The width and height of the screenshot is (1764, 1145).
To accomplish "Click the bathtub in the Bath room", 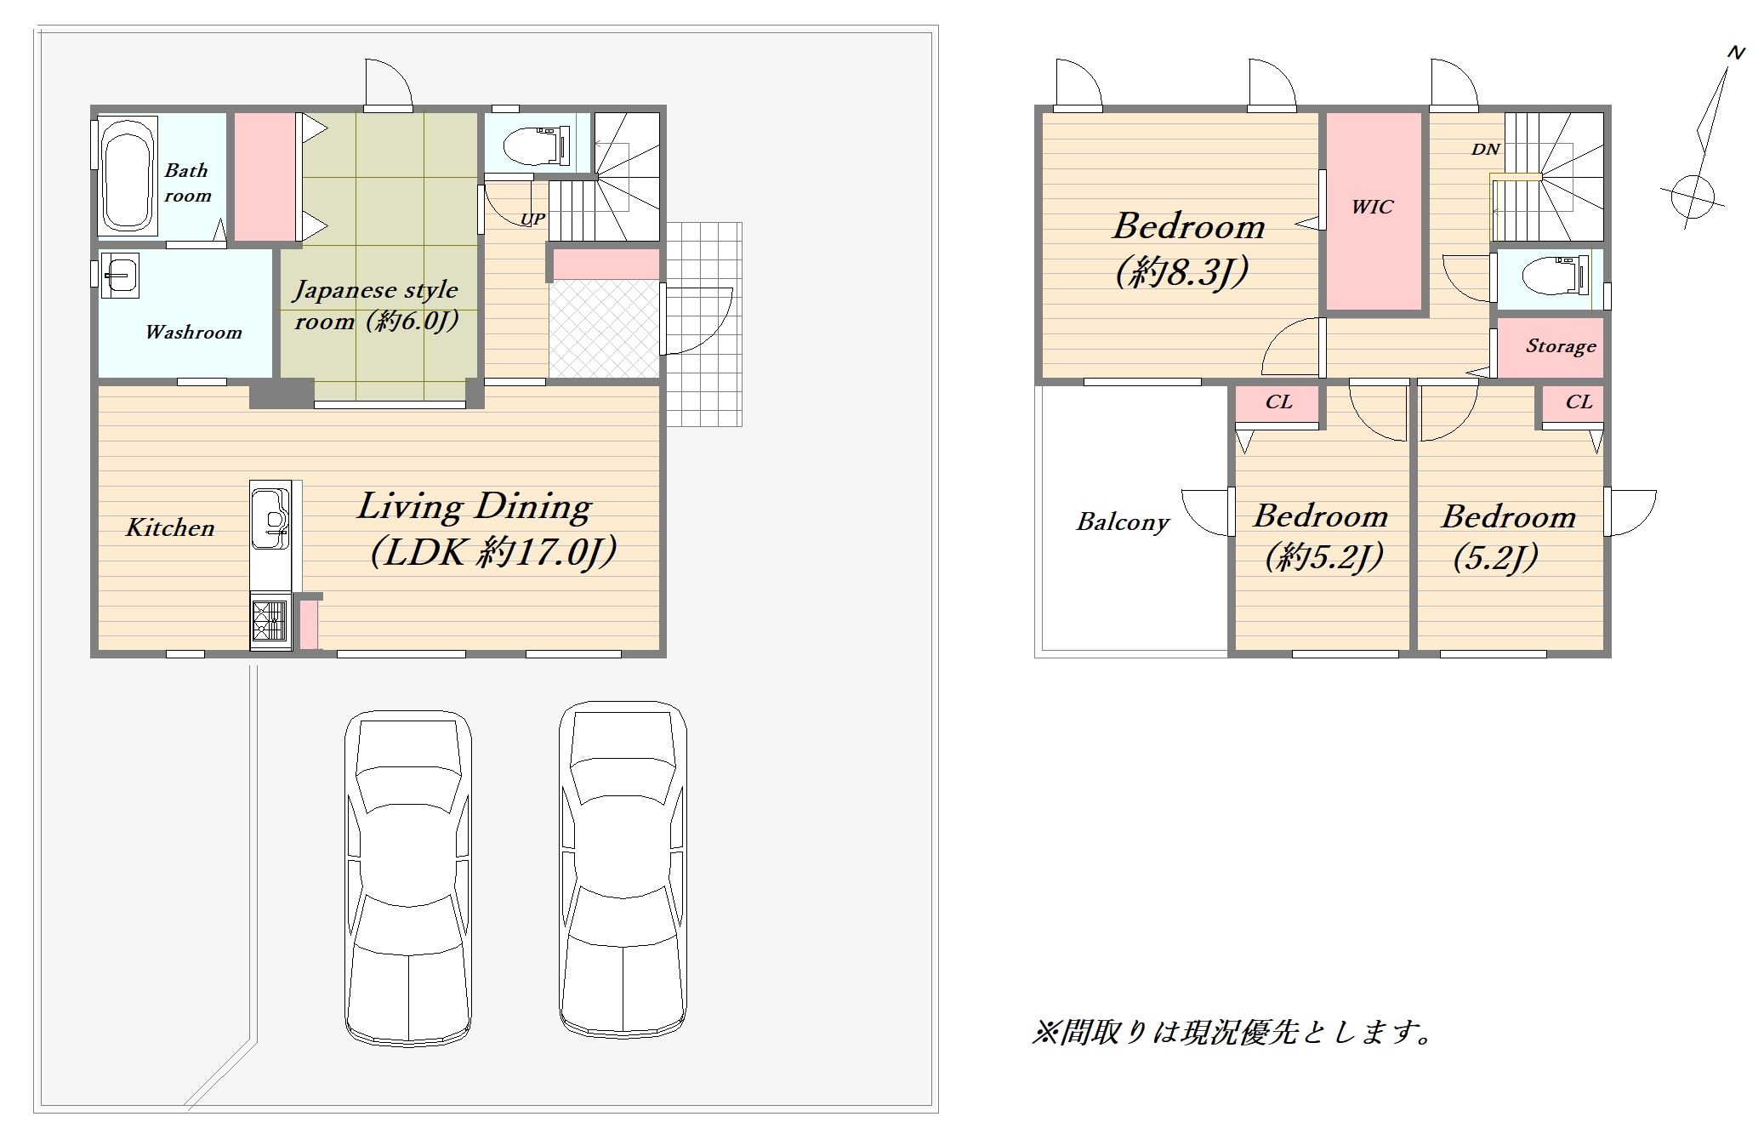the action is click(x=128, y=175).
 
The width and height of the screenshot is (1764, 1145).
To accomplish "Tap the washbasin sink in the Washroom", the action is click(x=119, y=275).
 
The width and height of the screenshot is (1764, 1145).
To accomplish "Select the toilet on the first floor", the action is click(x=536, y=146).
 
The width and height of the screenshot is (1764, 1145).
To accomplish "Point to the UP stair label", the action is click(x=532, y=219).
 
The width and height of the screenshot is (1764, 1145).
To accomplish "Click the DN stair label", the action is click(x=1485, y=150).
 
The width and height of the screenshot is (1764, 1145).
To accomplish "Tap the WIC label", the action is click(x=1373, y=207).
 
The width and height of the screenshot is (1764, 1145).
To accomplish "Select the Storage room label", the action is click(x=1561, y=346).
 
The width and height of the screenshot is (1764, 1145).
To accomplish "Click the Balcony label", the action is click(x=1123, y=521).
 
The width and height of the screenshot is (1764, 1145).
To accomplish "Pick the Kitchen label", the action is click(x=170, y=527).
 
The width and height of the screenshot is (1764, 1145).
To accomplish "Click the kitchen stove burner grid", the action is click(x=270, y=621).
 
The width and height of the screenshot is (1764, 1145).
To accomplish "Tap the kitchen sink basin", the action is click(x=271, y=518).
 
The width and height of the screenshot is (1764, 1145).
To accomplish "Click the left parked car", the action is click(x=408, y=877).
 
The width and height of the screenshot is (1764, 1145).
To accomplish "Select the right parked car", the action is click(x=623, y=869).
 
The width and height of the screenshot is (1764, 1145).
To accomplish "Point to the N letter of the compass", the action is click(x=1736, y=53).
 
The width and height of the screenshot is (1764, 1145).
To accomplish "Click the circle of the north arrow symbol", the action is click(x=1693, y=197).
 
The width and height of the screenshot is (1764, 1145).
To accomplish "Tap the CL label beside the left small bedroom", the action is click(x=1278, y=402).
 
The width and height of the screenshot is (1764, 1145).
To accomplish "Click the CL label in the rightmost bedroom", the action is click(x=1579, y=402).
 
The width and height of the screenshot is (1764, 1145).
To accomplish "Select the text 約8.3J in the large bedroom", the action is click(x=1182, y=272).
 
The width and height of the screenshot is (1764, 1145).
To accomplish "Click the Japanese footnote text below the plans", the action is click(x=1232, y=1032).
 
